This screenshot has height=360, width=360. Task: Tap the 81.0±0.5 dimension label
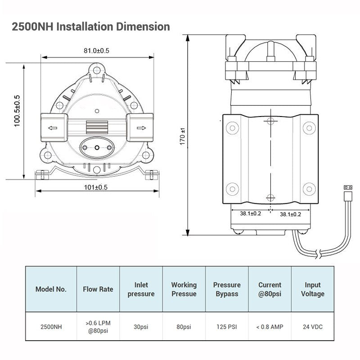(96, 50)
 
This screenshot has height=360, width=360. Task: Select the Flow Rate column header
(98, 289)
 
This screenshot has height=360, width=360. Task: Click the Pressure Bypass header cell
(227, 289)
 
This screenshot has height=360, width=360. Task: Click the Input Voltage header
(313, 289)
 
